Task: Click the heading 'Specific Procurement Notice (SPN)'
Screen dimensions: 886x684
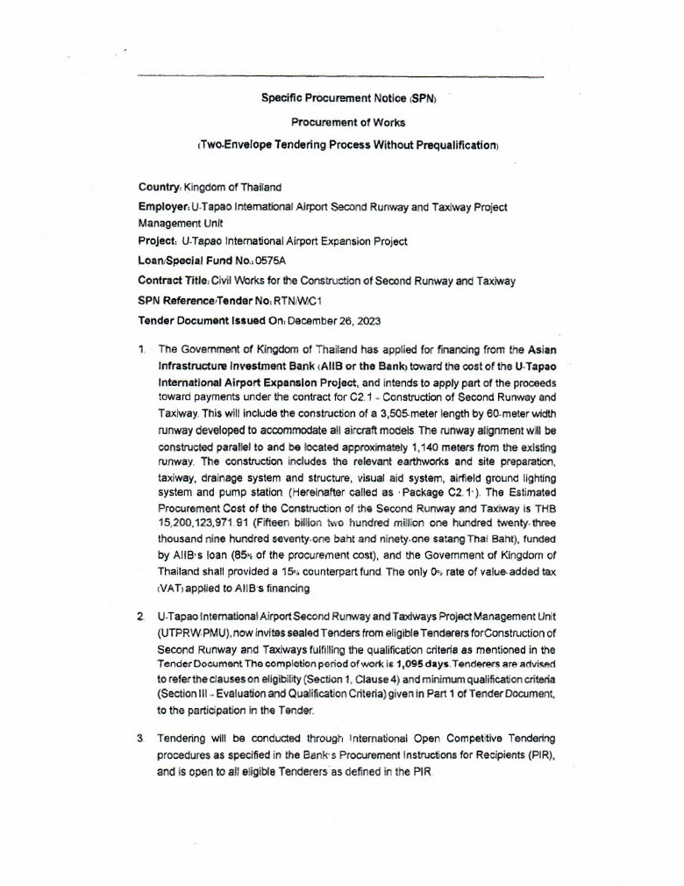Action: tap(348, 98)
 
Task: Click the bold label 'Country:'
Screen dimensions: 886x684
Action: tap(160, 187)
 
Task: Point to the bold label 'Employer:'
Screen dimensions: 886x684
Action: tap(163, 207)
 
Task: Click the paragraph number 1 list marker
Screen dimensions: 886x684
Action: tap(141, 349)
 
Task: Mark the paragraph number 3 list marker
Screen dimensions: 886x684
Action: tap(141, 740)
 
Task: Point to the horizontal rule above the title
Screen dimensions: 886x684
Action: tap(341, 77)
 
